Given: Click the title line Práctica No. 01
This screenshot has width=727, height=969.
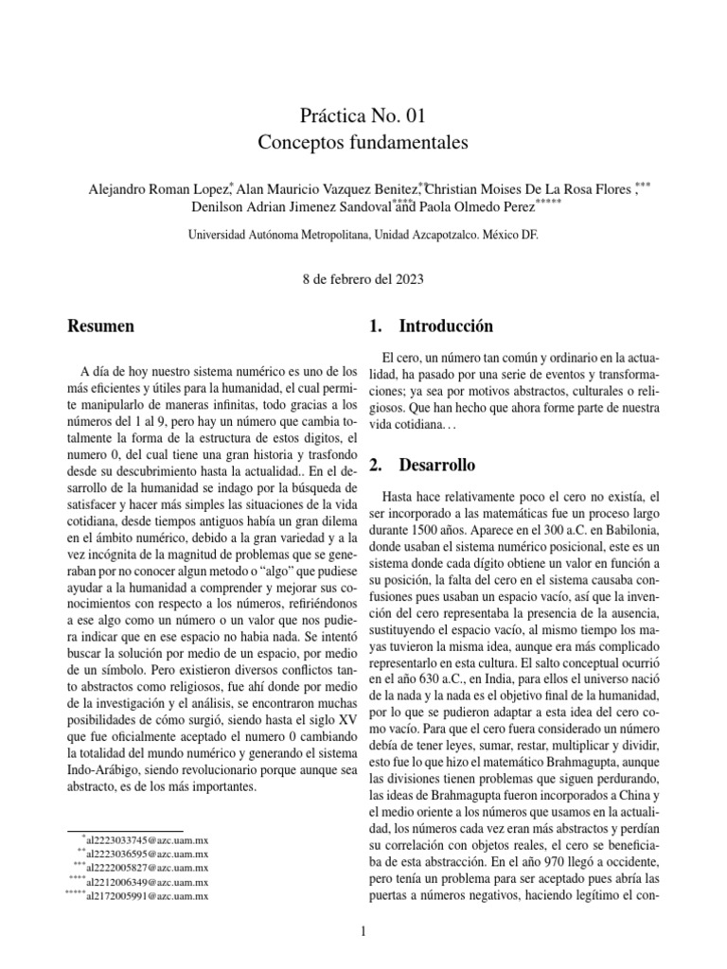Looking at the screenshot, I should click(363, 116).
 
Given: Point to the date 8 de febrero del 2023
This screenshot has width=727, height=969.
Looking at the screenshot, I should click(363, 279).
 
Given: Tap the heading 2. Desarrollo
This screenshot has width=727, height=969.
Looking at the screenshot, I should click(423, 466).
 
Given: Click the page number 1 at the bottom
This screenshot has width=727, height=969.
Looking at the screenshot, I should click(363, 933).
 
